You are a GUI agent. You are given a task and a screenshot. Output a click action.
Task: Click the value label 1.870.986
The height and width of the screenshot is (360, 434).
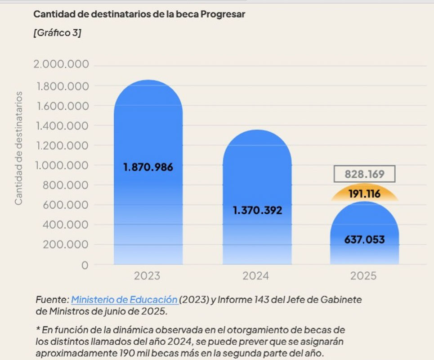(x=148, y=167)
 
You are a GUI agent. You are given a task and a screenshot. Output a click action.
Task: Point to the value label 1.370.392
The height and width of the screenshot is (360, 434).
(x=257, y=210)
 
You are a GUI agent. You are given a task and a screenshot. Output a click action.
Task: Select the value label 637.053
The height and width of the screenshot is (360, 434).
(x=364, y=239)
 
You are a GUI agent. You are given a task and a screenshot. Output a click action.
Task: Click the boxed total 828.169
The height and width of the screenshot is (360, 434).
(x=364, y=174)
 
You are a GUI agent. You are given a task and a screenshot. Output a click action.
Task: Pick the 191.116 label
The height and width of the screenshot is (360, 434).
(x=364, y=194)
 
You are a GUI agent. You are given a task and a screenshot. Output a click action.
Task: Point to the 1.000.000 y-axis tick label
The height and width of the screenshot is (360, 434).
(x=62, y=165)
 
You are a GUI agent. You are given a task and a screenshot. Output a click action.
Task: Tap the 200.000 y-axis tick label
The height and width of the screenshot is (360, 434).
(x=66, y=245)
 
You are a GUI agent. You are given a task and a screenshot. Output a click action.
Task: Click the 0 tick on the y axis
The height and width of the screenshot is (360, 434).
(x=85, y=265)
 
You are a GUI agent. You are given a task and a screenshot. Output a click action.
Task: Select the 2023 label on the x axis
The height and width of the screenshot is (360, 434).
(x=147, y=276)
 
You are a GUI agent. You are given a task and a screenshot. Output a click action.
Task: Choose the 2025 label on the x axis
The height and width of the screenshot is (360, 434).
(x=363, y=276)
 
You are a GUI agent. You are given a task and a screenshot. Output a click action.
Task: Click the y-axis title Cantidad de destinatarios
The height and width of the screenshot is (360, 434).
(x=18, y=148)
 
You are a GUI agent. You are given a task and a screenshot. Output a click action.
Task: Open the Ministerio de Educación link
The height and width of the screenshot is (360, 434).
(x=124, y=300)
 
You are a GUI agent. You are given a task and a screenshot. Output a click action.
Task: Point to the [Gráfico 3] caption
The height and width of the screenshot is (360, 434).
(x=57, y=33)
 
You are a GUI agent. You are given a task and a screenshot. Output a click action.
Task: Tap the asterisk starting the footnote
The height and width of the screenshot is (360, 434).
(x=37, y=330)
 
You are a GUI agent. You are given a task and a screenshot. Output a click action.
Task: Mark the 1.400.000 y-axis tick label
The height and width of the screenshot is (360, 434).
(x=62, y=126)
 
